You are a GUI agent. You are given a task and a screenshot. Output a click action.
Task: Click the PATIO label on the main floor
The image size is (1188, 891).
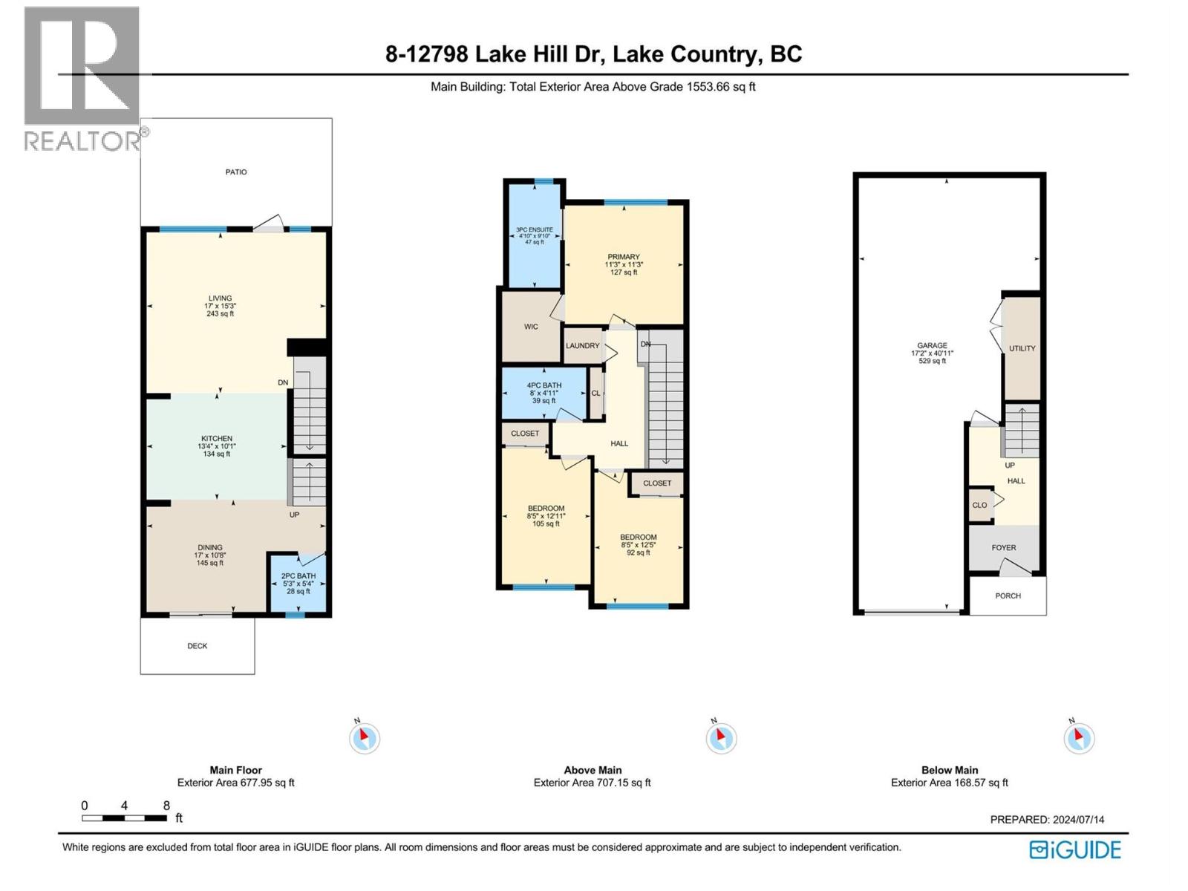236,172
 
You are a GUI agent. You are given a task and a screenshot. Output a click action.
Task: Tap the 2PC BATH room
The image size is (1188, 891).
298,584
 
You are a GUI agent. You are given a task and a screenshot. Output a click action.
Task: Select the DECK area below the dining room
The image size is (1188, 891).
198,646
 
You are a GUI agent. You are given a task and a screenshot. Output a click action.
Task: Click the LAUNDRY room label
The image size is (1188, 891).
582,346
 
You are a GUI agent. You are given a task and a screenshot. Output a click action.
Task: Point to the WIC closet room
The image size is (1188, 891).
531,327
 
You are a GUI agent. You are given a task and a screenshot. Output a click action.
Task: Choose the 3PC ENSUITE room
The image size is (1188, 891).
535,235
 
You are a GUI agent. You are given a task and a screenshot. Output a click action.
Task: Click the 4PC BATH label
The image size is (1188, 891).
544,386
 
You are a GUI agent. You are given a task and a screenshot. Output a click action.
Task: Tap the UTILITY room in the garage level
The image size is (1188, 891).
1022,348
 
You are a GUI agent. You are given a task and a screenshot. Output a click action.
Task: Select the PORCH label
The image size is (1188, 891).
1008,596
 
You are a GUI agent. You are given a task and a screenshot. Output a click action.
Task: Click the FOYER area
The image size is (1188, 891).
1004,548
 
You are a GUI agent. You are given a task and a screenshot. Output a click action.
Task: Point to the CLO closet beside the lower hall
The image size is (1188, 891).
979,505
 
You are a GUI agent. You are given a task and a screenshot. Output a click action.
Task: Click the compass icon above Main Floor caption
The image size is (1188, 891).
364,738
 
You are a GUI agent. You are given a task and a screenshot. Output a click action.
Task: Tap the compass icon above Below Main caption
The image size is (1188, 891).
1079,738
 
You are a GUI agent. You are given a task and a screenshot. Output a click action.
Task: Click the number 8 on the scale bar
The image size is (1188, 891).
166,806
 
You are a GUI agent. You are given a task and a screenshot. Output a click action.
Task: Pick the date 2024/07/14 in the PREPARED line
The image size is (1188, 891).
1078,820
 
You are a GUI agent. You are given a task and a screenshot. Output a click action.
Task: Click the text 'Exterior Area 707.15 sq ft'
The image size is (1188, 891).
592,783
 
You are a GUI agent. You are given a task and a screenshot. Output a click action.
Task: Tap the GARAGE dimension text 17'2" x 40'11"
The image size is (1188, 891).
932,353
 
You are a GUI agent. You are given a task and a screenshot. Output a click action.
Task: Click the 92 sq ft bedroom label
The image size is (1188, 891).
639,552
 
